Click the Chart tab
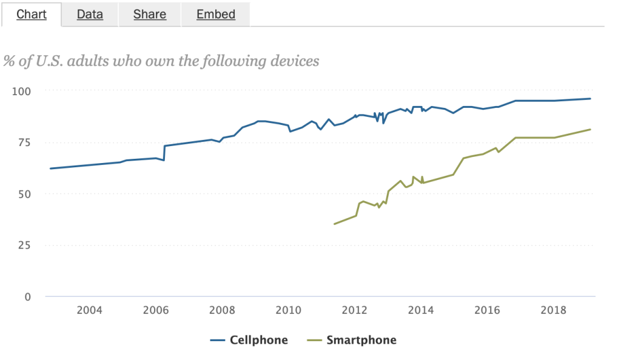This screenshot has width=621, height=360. click(32, 14)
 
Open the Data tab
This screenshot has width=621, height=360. click(90, 14)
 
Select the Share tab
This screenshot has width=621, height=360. click(150, 14)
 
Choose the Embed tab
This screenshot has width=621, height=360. click(216, 14)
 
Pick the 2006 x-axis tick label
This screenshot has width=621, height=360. click(155, 311)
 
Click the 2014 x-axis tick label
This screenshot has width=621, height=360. click(421, 311)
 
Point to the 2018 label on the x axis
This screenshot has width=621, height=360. click(553, 311)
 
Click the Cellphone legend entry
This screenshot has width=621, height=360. click(249, 340)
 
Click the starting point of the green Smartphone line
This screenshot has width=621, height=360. click(334, 224)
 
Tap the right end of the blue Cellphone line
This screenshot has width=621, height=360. click(591, 99)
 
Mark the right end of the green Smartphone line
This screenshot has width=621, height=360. click(591, 129)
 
